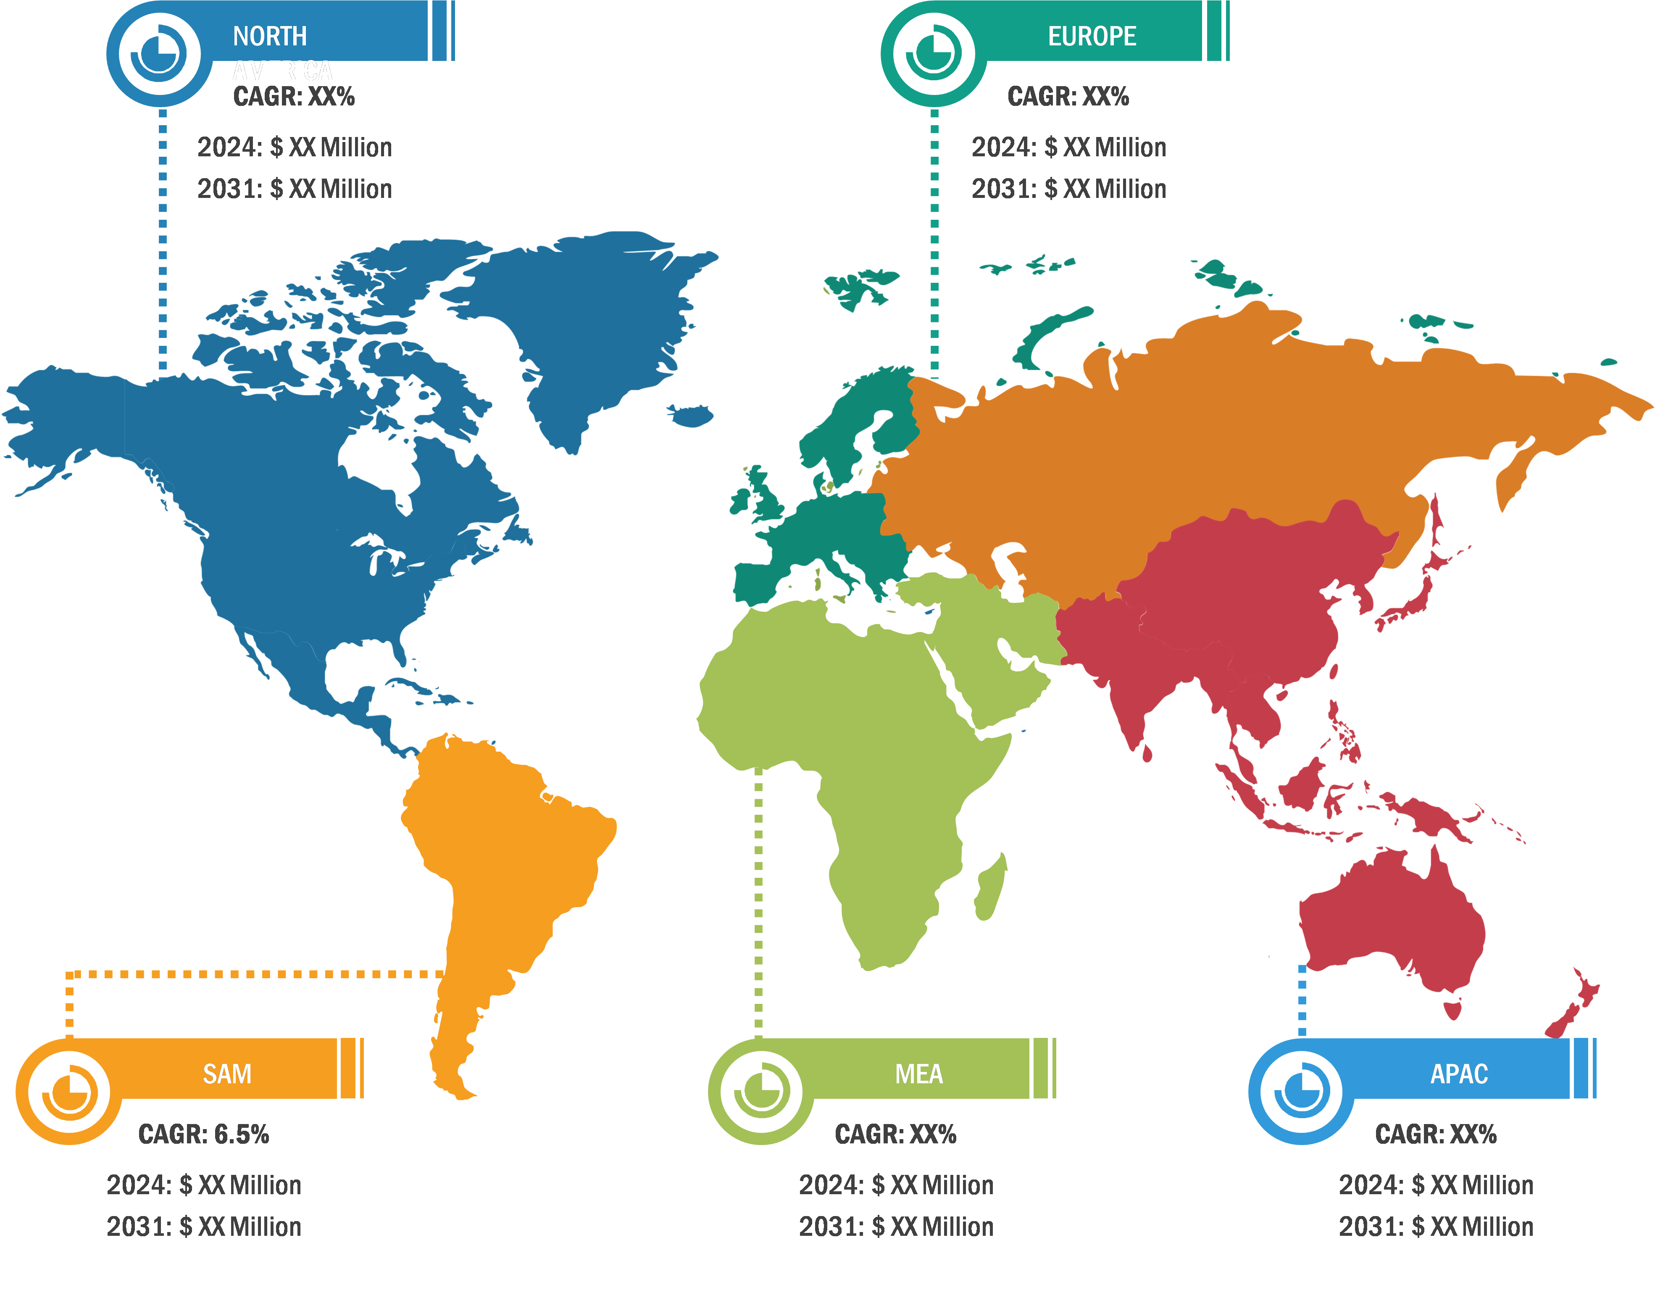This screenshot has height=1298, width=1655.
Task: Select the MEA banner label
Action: click(x=919, y=1073)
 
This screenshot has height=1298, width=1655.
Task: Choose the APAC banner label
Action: click(x=1458, y=1073)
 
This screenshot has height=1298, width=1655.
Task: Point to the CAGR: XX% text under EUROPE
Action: click(x=1068, y=97)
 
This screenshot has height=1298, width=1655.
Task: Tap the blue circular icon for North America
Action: click(x=159, y=54)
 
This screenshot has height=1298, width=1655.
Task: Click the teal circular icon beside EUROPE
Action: click(x=933, y=54)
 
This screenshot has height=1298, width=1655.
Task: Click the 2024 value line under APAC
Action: click(x=1435, y=1185)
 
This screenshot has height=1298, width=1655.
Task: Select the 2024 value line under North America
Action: click(x=295, y=147)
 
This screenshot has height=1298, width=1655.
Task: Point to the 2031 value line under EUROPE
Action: click(x=1068, y=189)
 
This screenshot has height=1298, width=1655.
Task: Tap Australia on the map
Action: click(x=1391, y=919)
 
